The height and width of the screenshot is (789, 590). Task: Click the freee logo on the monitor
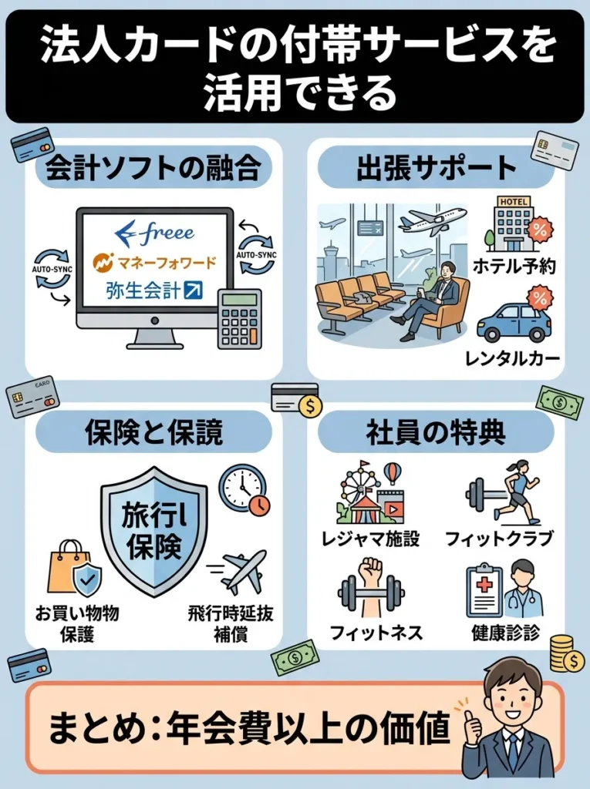153,232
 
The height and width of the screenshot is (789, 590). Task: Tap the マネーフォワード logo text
154,262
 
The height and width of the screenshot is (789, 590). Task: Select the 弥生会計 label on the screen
154,291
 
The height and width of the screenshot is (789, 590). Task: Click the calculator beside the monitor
239,318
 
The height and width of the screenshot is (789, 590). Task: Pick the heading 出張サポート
436,170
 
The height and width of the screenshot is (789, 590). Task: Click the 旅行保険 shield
154,532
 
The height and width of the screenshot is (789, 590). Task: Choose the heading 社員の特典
436,433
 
